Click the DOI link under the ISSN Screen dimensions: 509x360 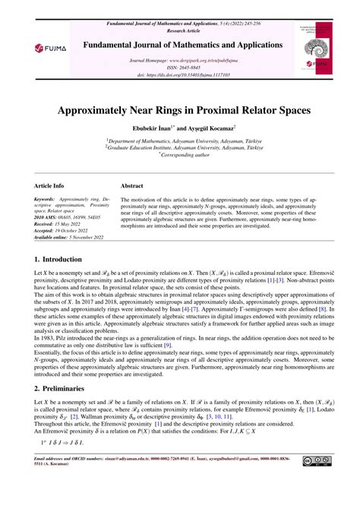[x=179, y=74]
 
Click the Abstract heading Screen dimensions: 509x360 [x=133, y=185]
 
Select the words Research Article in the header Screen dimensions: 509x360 [x=180, y=12]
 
